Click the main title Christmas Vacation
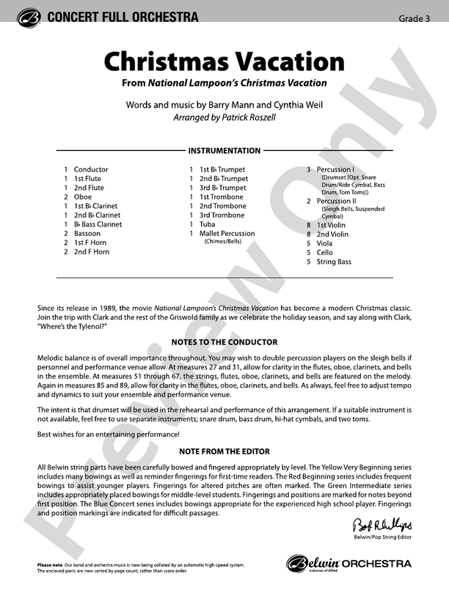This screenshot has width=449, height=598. (x=224, y=62)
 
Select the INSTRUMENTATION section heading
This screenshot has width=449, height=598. (x=224, y=151)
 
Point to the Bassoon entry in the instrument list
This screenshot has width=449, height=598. (x=87, y=234)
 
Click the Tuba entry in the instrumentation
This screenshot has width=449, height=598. (x=208, y=224)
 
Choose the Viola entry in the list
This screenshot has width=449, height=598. (x=324, y=243)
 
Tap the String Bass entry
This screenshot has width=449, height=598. (x=334, y=262)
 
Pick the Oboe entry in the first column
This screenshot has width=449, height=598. (x=82, y=197)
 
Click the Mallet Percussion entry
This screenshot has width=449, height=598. (x=227, y=234)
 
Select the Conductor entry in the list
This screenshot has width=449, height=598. (x=90, y=169)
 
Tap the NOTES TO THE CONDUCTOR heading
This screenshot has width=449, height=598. (x=224, y=342)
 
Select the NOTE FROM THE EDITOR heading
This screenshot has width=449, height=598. (x=224, y=451)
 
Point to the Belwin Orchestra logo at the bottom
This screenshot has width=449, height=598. (x=348, y=564)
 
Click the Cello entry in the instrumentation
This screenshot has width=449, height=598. (x=324, y=252)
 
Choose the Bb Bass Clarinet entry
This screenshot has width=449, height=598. (x=98, y=224)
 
